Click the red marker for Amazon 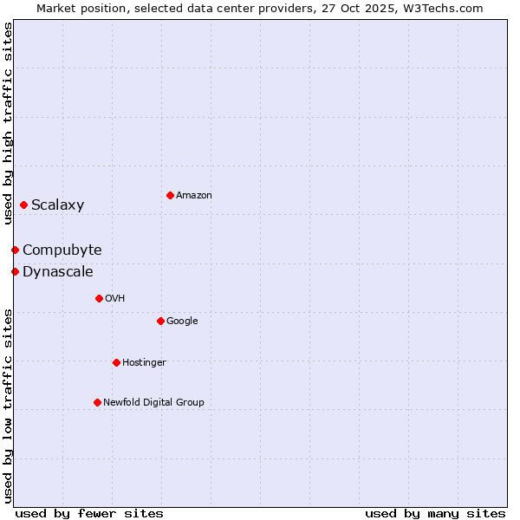(170, 195)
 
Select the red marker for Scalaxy (23, 205)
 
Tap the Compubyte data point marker (15, 250)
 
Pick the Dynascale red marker (15, 271)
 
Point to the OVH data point (99, 298)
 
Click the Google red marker (160, 321)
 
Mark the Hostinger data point (116, 362)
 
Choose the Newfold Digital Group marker (97, 402)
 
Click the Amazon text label (194, 196)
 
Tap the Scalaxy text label (57, 205)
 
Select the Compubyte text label (62, 250)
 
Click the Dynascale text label (57, 272)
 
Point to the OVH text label (115, 299)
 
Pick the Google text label (182, 322)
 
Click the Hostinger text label (144, 363)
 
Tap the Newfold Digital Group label (153, 403)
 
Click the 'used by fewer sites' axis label (89, 513)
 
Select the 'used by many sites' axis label (435, 513)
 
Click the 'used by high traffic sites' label (8, 123)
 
